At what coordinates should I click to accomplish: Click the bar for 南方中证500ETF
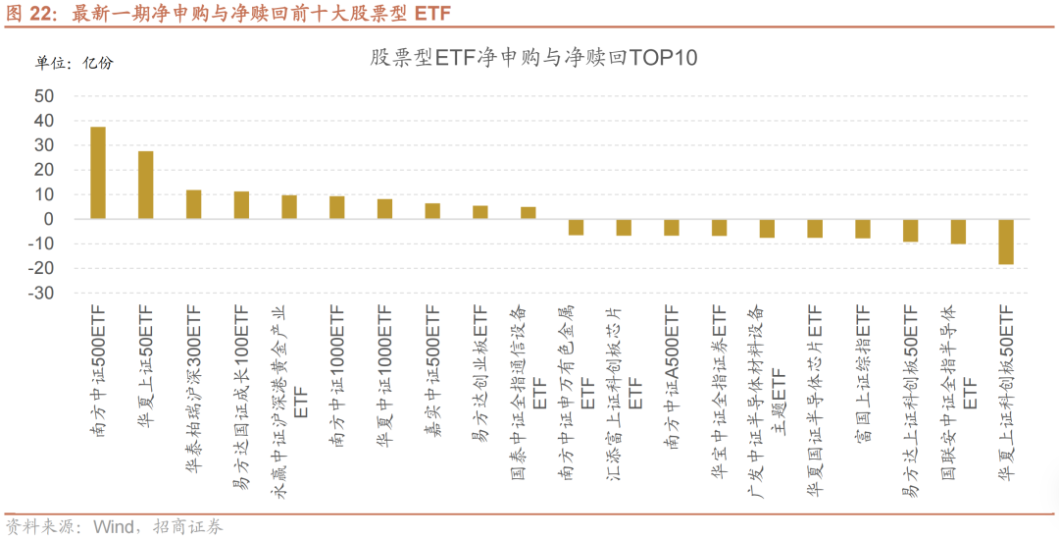98,173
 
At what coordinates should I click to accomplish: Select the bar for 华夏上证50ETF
146,185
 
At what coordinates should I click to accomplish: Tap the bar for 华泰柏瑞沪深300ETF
194,204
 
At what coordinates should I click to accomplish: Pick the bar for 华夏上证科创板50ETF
1006,242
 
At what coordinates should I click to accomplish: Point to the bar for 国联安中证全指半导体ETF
958,231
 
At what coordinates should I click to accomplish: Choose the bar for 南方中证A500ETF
672,227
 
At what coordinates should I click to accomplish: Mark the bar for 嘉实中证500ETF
432,211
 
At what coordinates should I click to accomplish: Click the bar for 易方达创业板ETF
480,212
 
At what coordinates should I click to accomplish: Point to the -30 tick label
41,294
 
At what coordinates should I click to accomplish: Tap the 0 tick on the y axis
49,219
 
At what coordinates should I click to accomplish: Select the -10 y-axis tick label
41,243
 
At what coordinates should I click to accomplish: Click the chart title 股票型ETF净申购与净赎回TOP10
532,58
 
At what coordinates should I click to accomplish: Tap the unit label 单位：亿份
75,64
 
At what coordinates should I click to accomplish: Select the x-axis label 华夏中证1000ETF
384,372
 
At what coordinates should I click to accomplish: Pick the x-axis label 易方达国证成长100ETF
241,398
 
